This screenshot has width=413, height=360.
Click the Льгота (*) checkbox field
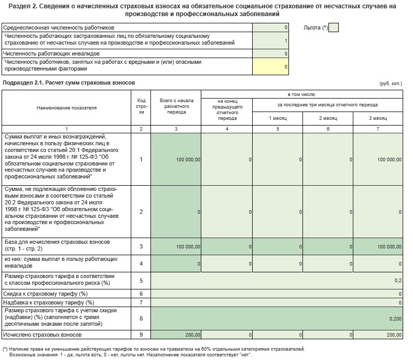pos(334,27)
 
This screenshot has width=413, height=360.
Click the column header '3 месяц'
pos(378,118)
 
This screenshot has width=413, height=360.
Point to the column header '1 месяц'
pos(278,118)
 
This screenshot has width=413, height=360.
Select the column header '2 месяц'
pos(328,118)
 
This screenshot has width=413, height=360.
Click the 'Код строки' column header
pos(141,108)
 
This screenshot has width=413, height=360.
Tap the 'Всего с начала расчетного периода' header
pos(176,108)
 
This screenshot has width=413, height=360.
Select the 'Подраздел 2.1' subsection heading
pos(69,83)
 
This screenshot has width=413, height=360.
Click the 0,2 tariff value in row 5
pos(397,281)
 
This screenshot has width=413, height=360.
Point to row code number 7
pos(141,302)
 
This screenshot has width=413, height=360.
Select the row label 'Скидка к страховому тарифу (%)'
pos(43,294)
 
